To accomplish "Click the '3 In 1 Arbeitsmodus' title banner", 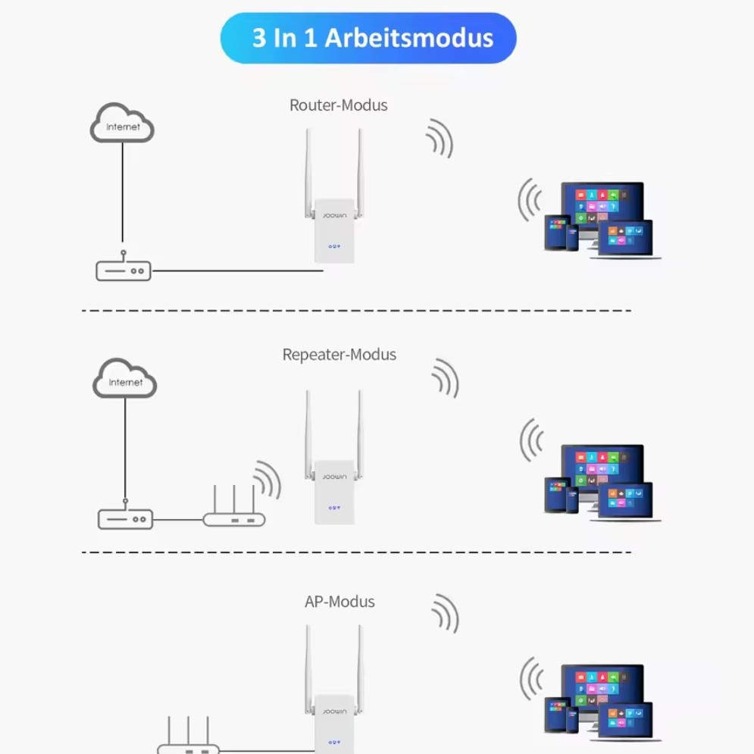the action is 368,38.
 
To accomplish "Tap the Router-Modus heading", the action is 339,105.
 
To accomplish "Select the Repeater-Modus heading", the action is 339,355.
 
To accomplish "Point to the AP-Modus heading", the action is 339,602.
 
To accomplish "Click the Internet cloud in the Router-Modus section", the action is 122,123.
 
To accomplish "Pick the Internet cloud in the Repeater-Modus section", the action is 124,378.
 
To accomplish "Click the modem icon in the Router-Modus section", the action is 124,268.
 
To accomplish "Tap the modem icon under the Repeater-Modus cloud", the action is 126,516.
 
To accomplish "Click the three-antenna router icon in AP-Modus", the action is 189,736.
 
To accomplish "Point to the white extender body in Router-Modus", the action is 334,231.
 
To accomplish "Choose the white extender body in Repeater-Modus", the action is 334,493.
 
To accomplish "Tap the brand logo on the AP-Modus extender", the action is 335,712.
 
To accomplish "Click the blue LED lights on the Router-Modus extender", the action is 334,246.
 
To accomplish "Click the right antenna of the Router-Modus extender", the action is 359,174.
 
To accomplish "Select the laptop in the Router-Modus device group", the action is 626,239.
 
